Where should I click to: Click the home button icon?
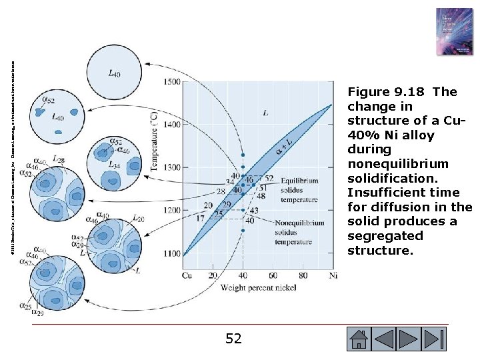click(359, 339)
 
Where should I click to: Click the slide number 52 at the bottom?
click(233, 339)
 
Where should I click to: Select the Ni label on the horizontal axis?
click(333, 275)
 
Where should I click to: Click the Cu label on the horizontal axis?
click(188, 275)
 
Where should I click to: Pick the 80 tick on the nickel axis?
click(303, 275)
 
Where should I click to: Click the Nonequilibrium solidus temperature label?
click(301, 231)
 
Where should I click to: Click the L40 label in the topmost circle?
click(114, 73)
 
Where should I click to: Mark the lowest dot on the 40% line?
click(243, 231)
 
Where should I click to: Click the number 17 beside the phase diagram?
click(201, 218)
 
